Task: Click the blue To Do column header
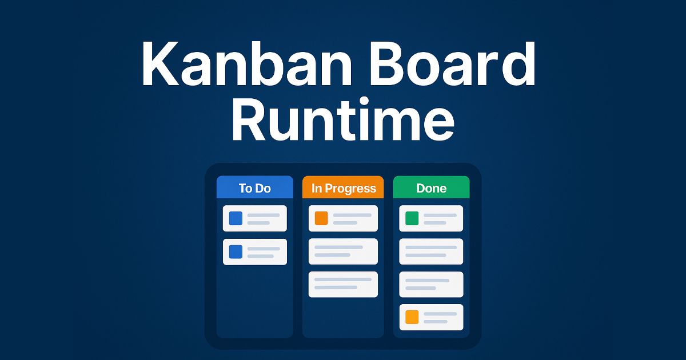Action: [x=254, y=188]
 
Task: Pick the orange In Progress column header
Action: [x=343, y=188]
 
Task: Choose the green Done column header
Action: [x=431, y=188]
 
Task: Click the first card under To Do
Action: [x=254, y=218]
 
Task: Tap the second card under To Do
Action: [x=254, y=252]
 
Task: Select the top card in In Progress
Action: [x=343, y=218]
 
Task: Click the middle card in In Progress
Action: [x=343, y=251]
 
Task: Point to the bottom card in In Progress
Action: [x=343, y=284]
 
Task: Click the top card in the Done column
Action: [x=431, y=218]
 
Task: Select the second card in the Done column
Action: [x=431, y=251]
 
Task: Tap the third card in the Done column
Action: [x=431, y=284]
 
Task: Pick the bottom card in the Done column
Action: [x=431, y=317]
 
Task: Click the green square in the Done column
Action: [x=412, y=218]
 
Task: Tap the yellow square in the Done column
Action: [x=412, y=317]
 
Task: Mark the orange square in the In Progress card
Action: [x=321, y=218]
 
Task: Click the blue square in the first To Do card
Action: [x=236, y=218]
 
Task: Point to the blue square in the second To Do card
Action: [x=236, y=252]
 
